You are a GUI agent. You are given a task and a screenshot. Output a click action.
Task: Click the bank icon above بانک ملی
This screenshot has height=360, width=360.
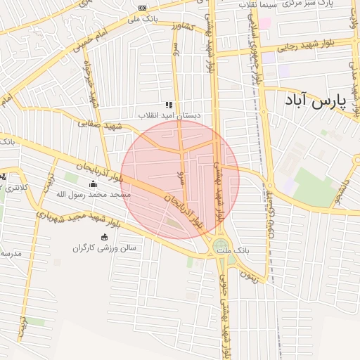click(143, 8)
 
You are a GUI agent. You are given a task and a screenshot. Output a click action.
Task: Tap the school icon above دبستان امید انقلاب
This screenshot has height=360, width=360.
click(169, 105)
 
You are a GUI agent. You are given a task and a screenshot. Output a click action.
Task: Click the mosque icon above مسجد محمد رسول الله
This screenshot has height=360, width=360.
click(94, 184)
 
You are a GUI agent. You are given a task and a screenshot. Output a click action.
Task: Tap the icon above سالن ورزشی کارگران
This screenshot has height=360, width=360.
click(105, 237)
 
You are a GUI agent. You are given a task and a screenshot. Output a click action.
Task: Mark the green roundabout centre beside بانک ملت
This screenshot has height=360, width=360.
click(221, 245)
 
